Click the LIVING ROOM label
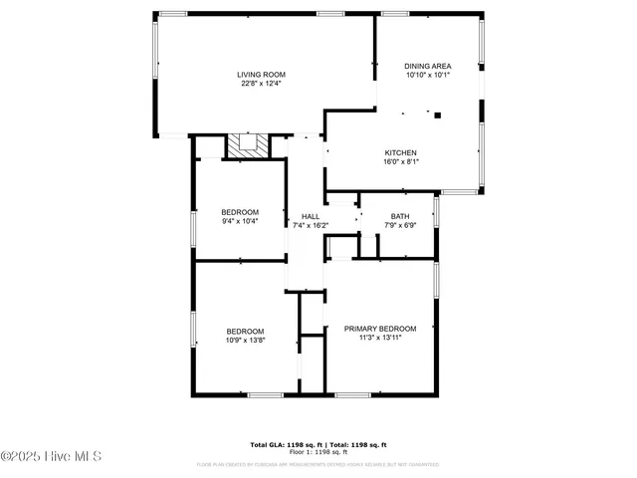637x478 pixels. tap(261, 75)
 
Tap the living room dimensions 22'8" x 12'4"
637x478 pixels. tap(261, 85)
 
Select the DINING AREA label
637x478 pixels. tap(428, 66)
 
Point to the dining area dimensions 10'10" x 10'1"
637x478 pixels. tap(428, 76)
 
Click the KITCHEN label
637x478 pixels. tap(400, 152)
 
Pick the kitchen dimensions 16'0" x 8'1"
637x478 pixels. tap(400, 162)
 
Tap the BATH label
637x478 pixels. tap(399, 216)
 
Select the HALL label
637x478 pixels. tap(310, 216)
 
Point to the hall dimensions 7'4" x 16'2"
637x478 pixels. tap(310, 226)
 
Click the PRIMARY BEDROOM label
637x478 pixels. tap(379, 329)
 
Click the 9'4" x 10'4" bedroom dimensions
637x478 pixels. tap(240, 221)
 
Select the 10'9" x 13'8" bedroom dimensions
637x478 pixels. tap(245, 341)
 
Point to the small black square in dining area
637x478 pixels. tap(437, 116)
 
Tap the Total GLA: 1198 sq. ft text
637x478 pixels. tap(286, 444)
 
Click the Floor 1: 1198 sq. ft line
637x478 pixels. tap(318, 452)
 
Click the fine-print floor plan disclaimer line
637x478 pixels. tap(318, 464)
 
